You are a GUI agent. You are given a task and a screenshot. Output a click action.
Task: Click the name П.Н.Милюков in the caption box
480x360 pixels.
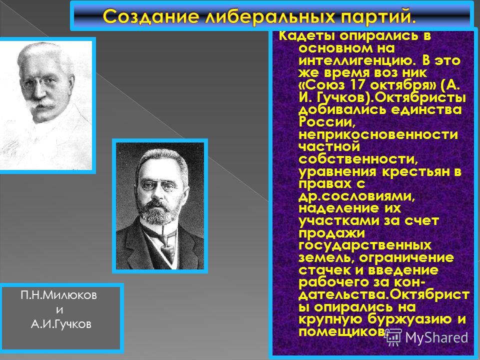click(59, 295)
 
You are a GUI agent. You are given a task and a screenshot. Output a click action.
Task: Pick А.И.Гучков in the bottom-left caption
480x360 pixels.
click(61, 324)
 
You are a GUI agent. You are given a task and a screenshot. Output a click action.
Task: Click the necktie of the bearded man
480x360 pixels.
click(168, 249)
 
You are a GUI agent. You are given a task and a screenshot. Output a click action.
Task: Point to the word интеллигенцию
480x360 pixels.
click(357, 61)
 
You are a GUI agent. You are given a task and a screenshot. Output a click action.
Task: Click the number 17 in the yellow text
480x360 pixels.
click(357, 84)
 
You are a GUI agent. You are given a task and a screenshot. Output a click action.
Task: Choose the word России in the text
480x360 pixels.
click(327, 122)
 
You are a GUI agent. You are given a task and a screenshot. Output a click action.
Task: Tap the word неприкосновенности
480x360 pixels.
click(378, 134)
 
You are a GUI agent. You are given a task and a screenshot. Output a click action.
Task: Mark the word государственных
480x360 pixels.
click(365, 245)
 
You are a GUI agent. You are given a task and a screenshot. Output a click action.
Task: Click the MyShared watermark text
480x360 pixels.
click(436, 337)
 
